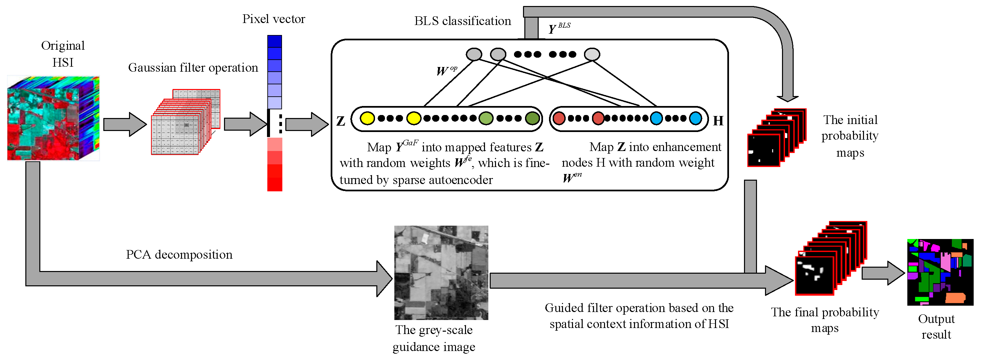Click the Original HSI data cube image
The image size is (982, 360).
(x=53, y=118)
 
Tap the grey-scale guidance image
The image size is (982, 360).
(x=441, y=272)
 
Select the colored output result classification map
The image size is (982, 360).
(x=940, y=272)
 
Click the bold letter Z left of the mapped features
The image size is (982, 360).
(x=340, y=121)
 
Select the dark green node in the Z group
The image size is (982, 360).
(x=533, y=118)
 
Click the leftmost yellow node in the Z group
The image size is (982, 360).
(x=367, y=118)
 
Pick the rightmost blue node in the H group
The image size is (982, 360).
(x=695, y=118)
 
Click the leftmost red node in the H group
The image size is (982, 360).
(x=559, y=118)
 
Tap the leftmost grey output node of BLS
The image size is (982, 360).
(x=474, y=54)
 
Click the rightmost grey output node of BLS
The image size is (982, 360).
(x=592, y=54)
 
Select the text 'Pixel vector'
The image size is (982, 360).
(x=273, y=19)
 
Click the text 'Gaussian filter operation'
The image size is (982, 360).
(x=193, y=67)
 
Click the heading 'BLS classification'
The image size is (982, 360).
(x=462, y=21)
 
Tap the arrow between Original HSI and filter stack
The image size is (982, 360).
(x=124, y=124)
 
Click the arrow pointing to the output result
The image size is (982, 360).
(x=883, y=273)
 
